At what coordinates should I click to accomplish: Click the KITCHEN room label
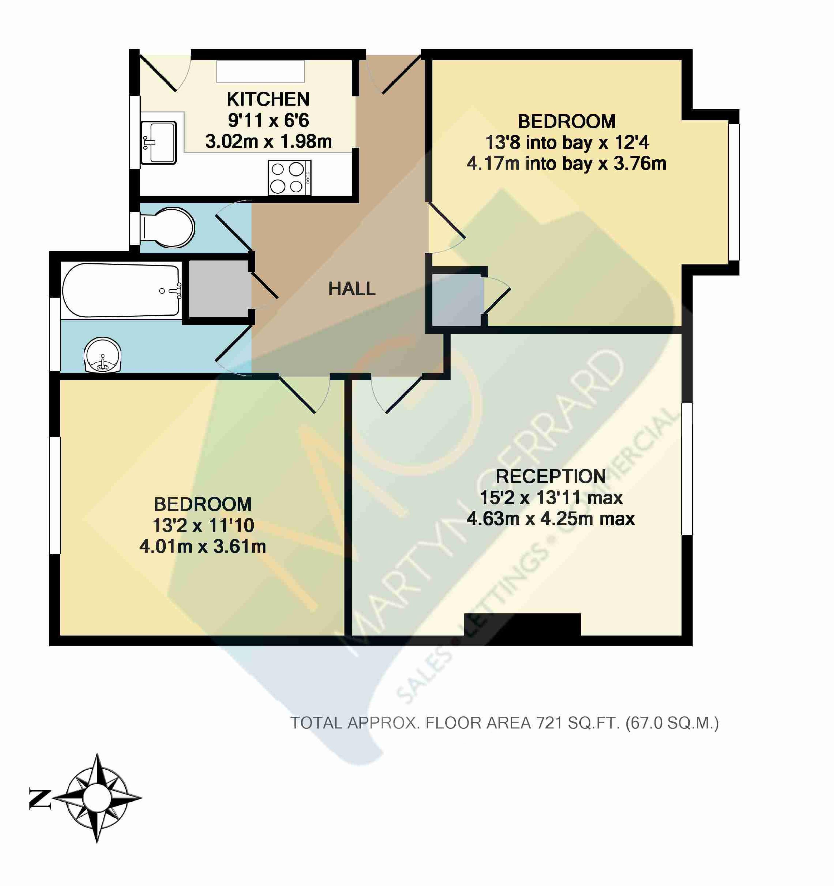[x=268, y=99]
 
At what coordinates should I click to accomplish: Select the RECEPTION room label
[x=551, y=476]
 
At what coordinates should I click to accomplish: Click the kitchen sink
[x=159, y=142]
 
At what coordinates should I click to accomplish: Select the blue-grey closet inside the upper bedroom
[x=457, y=300]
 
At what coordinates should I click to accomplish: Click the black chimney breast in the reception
[x=522, y=624]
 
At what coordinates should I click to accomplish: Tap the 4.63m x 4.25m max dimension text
[x=551, y=519]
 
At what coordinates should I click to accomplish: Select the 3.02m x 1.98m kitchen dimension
[x=268, y=142]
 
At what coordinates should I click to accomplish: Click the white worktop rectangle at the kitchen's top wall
[x=261, y=71]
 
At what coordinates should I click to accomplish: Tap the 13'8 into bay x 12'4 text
[x=567, y=142]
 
